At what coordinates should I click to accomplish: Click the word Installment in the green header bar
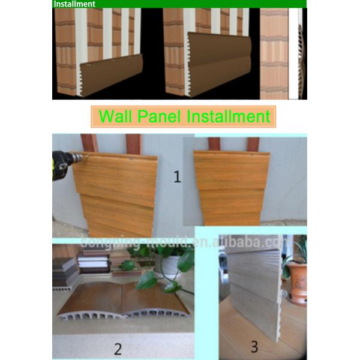74,4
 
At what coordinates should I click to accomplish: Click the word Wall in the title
115,116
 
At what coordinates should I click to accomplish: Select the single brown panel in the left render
109,76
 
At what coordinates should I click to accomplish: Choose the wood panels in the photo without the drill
231,186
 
